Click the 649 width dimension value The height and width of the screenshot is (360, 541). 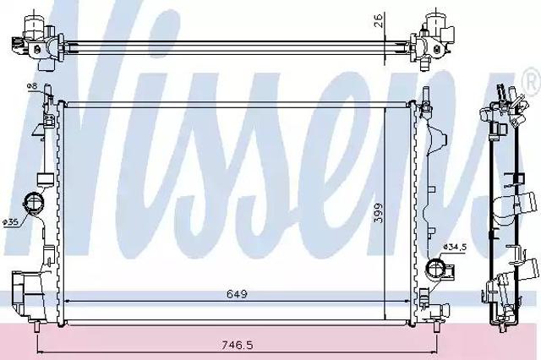[x=238, y=294]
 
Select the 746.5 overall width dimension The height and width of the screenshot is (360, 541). [x=237, y=345]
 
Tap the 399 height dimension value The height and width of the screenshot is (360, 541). [x=379, y=213]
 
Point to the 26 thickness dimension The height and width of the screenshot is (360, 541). [x=379, y=20]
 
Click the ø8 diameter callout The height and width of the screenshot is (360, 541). [x=32, y=86]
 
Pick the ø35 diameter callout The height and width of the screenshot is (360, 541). [x=10, y=223]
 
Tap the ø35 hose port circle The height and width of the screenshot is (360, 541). [x=33, y=204]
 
